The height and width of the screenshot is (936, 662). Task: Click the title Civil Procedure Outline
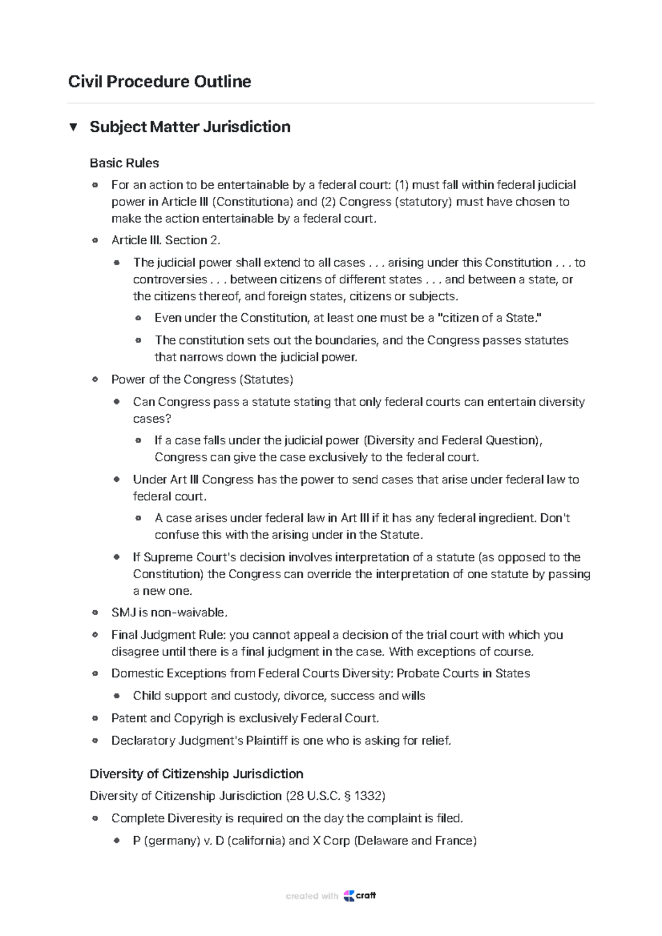click(x=159, y=82)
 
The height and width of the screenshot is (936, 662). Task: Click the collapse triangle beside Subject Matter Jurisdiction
click(x=73, y=127)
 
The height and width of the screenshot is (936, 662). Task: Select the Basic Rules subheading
click(x=124, y=163)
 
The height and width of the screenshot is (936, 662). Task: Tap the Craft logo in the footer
click(x=360, y=896)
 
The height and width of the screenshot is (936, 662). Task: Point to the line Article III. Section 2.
click(x=165, y=240)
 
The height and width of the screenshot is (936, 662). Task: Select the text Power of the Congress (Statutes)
click(x=202, y=380)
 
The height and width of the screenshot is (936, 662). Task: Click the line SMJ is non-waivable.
click(x=169, y=612)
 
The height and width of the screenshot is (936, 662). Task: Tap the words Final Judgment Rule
click(x=169, y=635)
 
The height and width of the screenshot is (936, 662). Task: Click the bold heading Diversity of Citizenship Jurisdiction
click(x=196, y=774)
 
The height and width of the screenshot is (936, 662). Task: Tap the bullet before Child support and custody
click(x=116, y=696)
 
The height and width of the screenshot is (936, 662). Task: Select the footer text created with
click(x=312, y=896)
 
